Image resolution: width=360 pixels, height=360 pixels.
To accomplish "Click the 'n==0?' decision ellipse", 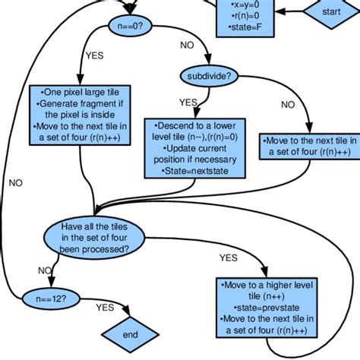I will [131, 25].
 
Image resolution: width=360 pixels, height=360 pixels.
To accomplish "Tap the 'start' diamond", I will [331, 12].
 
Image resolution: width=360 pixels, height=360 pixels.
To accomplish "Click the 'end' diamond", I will [130, 333].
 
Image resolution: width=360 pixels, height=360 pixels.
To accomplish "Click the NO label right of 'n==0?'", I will [187, 46].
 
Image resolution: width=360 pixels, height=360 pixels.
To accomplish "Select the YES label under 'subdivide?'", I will [188, 102].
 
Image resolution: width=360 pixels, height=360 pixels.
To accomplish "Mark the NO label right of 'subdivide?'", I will [288, 106].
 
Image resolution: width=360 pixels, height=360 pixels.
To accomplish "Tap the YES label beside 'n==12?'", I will [106, 308].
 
